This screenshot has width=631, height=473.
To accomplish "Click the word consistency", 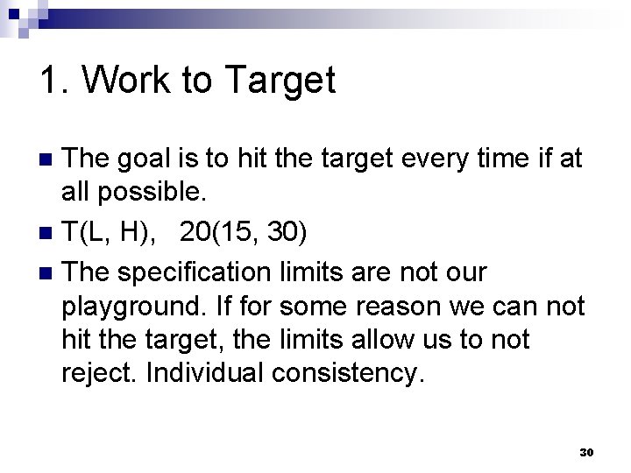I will click(349, 374).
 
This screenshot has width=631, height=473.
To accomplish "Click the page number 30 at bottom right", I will click(586, 452).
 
